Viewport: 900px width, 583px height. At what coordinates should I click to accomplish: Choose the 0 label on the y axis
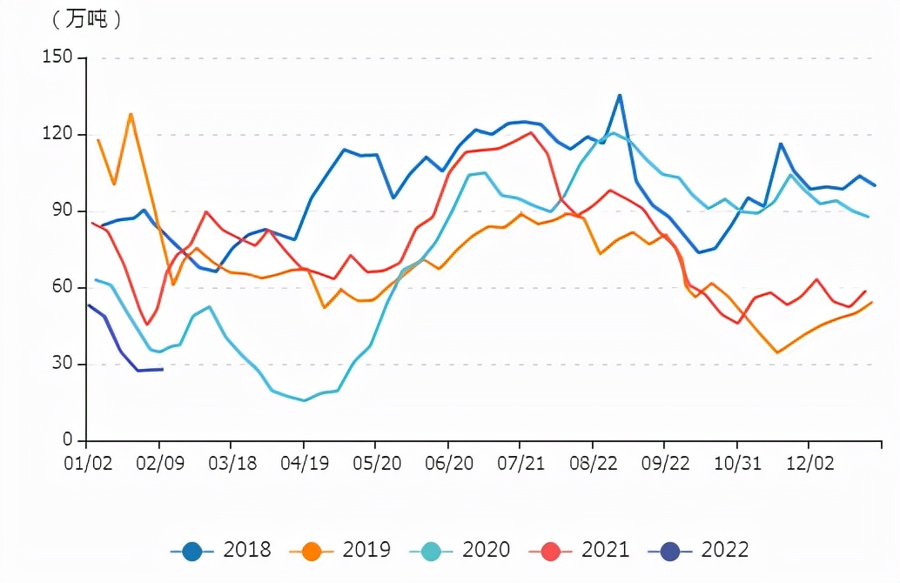[74, 441]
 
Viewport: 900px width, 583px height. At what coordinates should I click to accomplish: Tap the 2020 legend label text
[486, 550]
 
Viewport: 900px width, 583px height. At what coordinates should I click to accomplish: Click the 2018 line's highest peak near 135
[619, 95]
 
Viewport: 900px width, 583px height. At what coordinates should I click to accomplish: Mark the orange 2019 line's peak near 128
[131, 114]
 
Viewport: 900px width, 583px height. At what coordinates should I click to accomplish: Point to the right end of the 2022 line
[163, 369]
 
